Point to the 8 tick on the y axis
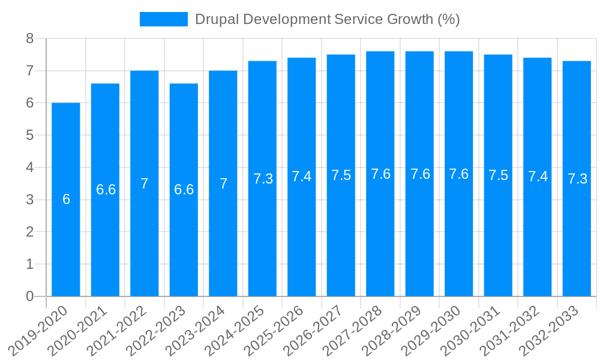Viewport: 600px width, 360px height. click(x=29, y=39)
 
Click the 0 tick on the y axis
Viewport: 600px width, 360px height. click(x=29, y=296)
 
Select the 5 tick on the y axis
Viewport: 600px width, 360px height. click(x=29, y=136)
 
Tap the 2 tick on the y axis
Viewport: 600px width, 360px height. click(x=29, y=232)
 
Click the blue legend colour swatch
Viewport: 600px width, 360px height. click(x=163, y=19)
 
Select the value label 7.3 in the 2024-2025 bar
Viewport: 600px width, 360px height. click(x=263, y=179)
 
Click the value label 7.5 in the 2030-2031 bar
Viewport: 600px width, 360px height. click(x=498, y=176)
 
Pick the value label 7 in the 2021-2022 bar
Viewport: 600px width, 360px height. click(x=145, y=184)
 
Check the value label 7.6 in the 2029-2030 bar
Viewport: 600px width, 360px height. click(x=459, y=174)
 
